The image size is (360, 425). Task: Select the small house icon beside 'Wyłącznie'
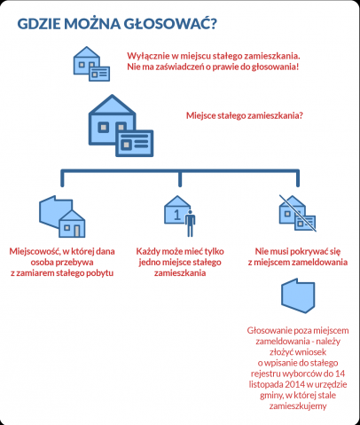[x=91, y=64]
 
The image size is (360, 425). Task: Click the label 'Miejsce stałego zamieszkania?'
[x=245, y=115]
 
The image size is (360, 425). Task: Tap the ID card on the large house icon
[x=135, y=143]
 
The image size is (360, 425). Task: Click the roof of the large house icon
[x=112, y=105]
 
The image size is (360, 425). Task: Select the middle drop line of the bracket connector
[x=180, y=179]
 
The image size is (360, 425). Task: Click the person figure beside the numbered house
[x=190, y=224]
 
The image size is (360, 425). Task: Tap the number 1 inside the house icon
[x=176, y=215]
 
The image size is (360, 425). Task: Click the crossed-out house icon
[x=297, y=213]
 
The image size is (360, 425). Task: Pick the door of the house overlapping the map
[x=77, y=231]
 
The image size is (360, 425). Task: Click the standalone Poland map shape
[x=298, y=295]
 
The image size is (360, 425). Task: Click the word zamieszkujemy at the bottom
[x=298, y=405]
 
